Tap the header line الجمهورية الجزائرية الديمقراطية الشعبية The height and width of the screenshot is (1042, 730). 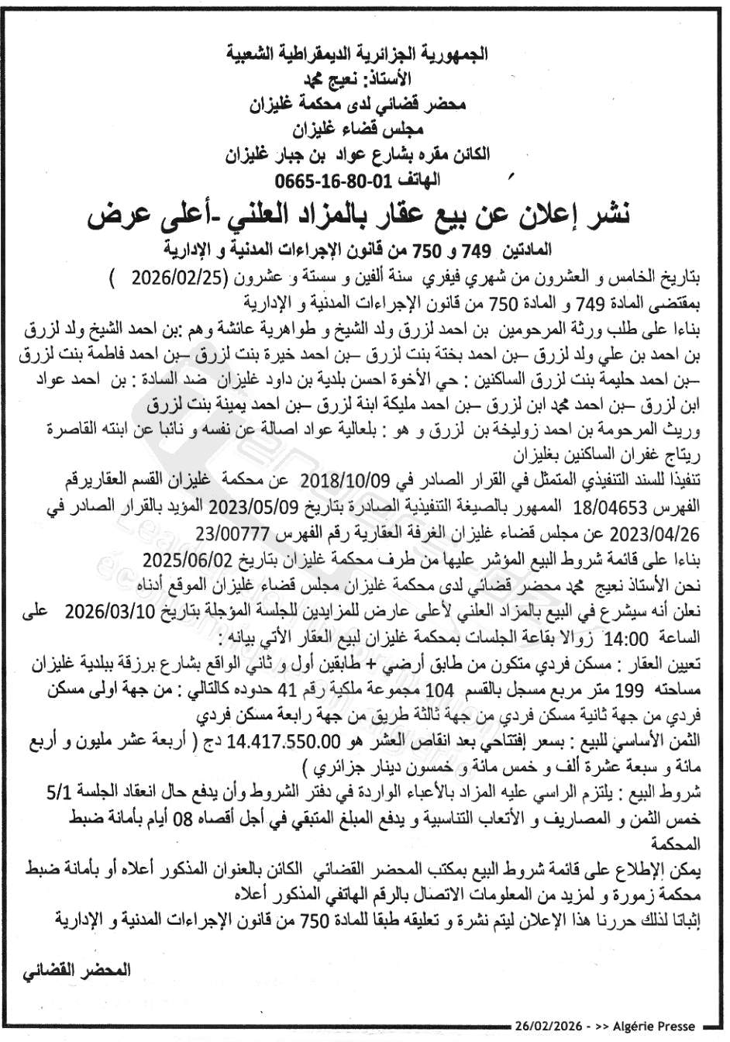pos(357,54)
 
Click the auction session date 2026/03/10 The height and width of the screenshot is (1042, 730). pos(114,612)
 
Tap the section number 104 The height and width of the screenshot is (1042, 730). pos(440,690)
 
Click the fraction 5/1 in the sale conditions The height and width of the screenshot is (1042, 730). pos(58,792)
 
